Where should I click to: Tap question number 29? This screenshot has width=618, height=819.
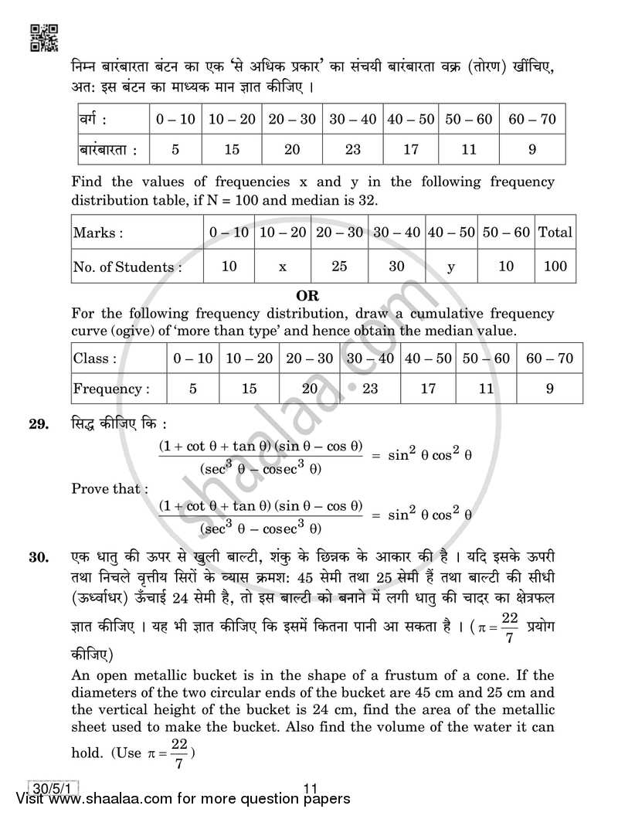coord(42,424)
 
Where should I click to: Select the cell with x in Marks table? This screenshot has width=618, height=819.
coord(283,267)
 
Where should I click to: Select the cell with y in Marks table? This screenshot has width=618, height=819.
coord(450,267)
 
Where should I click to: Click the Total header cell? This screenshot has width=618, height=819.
coord(554,232)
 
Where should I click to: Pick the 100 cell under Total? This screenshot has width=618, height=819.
coord(554,267)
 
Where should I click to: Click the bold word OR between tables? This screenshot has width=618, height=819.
coord(307,295)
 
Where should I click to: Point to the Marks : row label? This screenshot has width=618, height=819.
coord(98,232)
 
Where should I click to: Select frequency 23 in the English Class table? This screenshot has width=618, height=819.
coord(370,389)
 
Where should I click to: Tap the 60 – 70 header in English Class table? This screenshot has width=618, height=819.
coord(549,359)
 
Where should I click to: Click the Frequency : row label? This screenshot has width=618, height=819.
coord(110,389)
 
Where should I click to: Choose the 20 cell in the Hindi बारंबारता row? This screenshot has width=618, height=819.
coord(291,149)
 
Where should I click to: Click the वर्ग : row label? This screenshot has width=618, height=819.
coord(93,120)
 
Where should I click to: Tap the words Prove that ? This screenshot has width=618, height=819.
coord(106,488)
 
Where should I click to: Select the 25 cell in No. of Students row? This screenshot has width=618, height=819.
coord(340,267)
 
